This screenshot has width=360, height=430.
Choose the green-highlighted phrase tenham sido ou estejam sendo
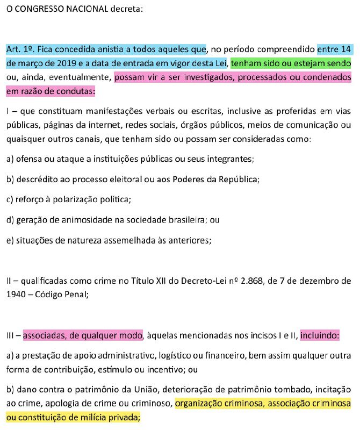pyautogui.click(x=291, y=63)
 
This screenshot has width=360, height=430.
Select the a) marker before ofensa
pyautogui.click(x=10, y=160)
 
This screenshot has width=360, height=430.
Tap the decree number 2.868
pyautogui.click(x=251, y=281)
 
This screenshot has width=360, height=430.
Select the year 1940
pyautogui.click(x=17, y=294)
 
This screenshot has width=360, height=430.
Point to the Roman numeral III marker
pyautogui.click(x=10, y=336)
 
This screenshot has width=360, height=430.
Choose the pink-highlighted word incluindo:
pyautogui.click(x=320, y=336)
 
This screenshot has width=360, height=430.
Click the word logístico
pyautogui.click(x=159, y=356)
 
